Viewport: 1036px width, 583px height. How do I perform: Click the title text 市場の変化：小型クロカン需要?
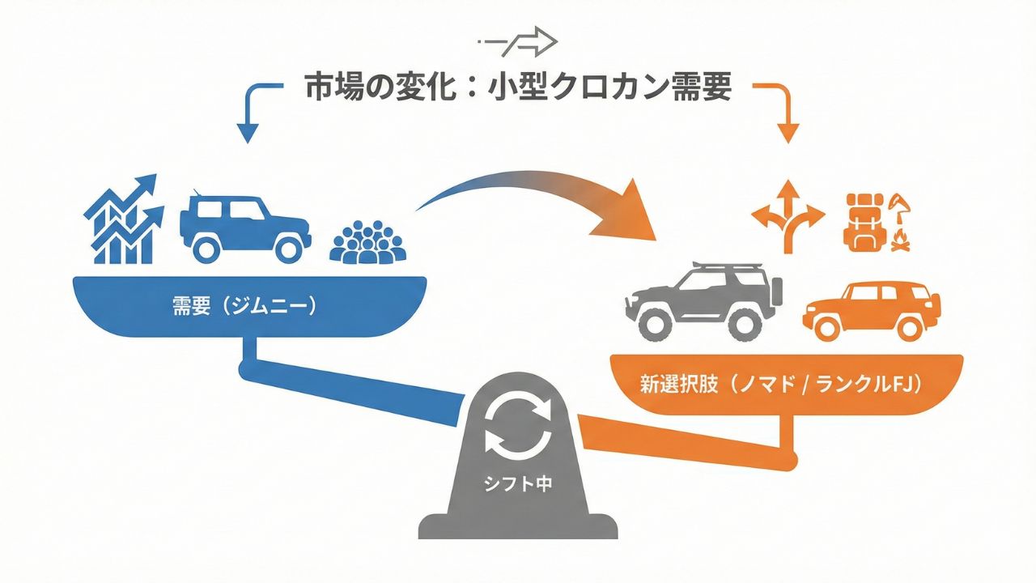[x=518, y=87]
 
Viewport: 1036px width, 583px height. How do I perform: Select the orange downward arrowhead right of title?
[x=788, y=133]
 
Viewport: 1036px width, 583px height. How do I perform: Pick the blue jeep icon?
[x=244, y=226]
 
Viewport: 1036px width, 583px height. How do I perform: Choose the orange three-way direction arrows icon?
[x=788, y=215]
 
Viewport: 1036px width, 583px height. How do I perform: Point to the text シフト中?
[x=518, y=484]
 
